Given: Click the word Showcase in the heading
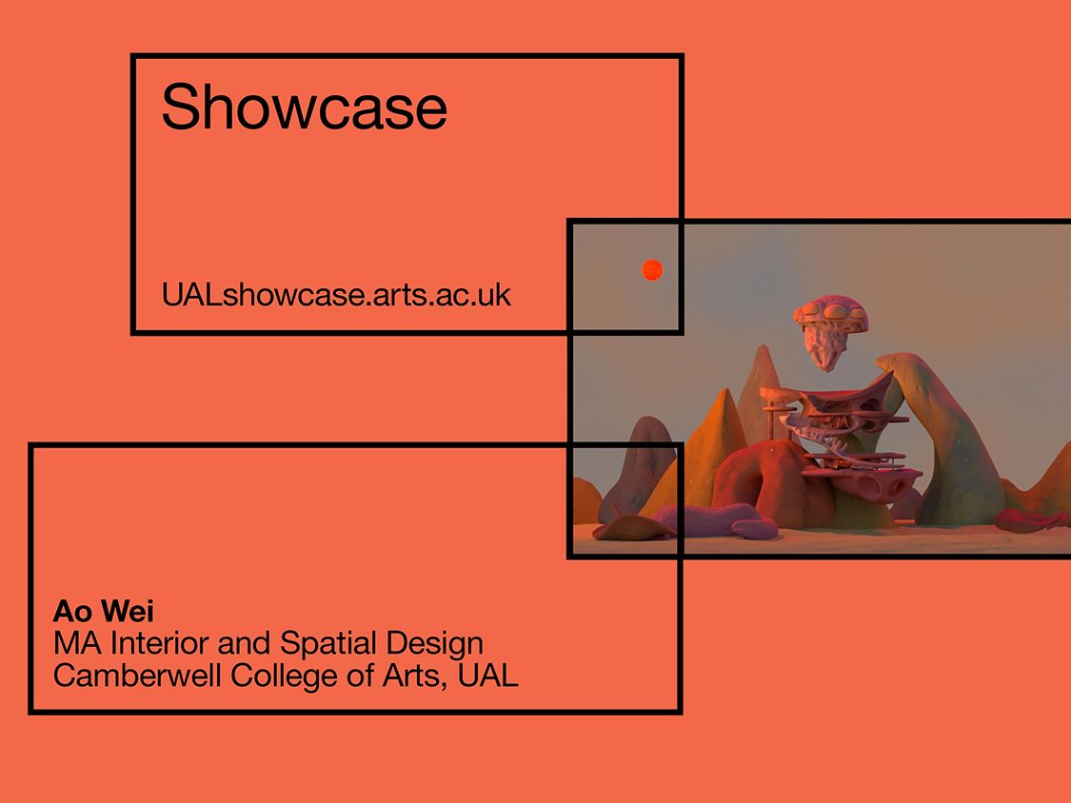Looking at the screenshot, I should coord(303,107).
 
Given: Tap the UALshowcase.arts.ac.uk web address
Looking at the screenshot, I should coord(336,295).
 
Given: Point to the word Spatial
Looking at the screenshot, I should coord(328,643).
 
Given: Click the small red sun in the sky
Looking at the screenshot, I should coord(652,270).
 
